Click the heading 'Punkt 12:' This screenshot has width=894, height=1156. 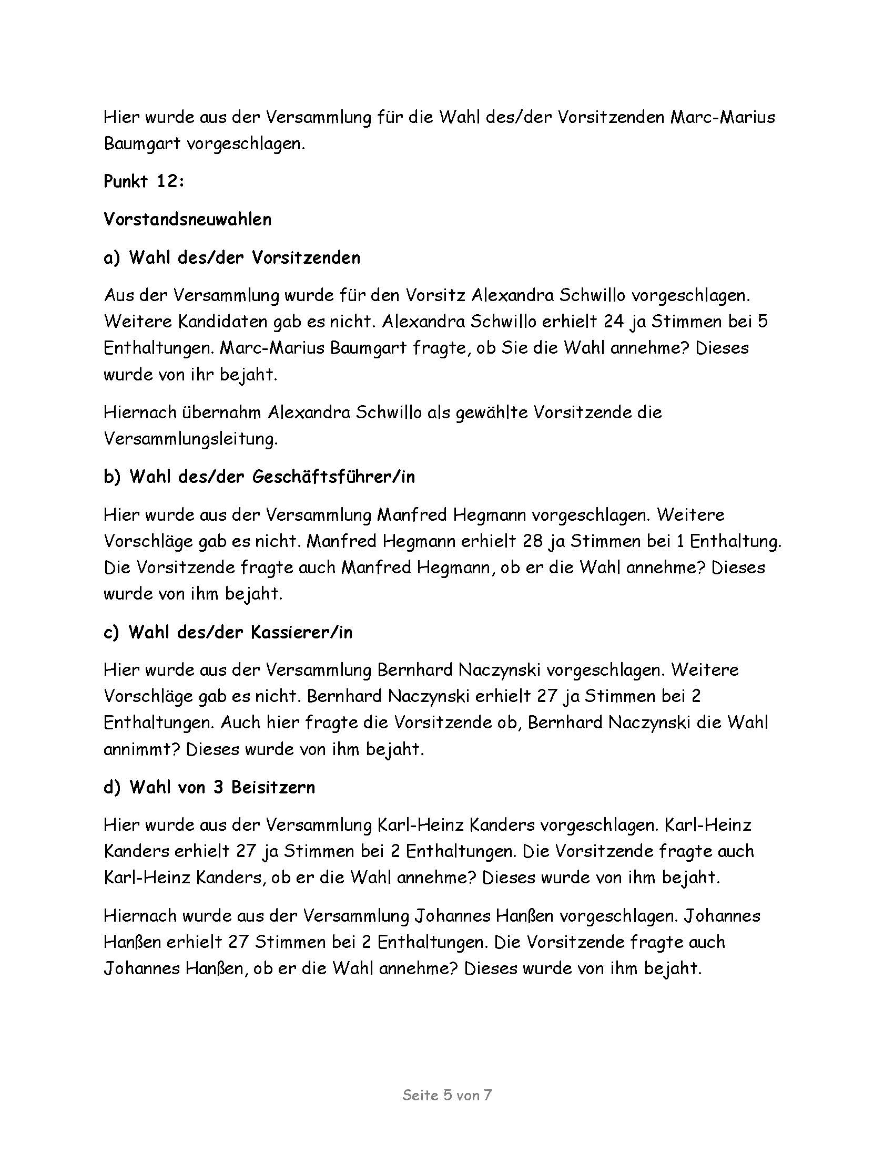[x=144, y=182]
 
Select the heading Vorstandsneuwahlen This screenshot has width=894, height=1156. [x=188, y=219]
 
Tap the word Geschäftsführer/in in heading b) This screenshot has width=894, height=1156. [x=333, y=477]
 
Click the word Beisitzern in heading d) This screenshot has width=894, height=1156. [x=273, y=787]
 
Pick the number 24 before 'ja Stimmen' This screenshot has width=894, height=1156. [x=613, y=322]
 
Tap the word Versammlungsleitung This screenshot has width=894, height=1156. [x=191, y=439]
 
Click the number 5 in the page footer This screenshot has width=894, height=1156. [x=448, y=1095]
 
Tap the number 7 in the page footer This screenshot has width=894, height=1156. [x=488, y=1095]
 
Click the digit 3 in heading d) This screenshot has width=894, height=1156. [x=218, y=787]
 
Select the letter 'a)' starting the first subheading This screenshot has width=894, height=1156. [x=113, y=258]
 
